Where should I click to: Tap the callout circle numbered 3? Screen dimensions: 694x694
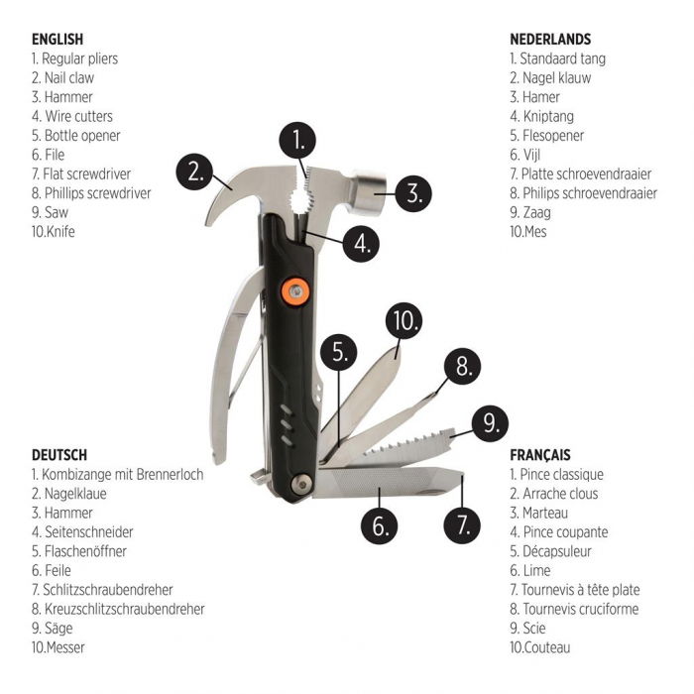coord(413,191)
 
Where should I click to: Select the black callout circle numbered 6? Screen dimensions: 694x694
coord(380,525)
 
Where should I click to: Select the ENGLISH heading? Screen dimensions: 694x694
coord(57,40)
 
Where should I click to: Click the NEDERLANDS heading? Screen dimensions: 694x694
coord(550,40)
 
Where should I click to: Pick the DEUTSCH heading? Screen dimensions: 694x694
coord(59,455)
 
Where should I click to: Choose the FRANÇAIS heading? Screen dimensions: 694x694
coord(540,455)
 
